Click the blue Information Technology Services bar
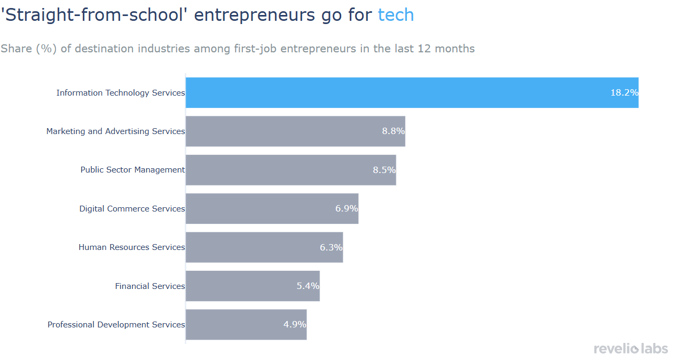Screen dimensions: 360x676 tap(395, 92)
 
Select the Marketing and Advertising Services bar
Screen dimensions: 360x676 tap(283, 131)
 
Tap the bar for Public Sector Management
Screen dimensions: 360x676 tap(278, 170)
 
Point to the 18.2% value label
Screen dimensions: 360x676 tap(624, 92)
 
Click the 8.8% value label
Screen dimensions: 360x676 tap(393, 131)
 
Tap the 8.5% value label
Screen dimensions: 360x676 tap(384, 170)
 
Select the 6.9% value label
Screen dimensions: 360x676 tap(347, 208)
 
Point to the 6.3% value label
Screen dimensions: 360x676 tap(331, 247)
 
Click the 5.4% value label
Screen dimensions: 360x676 tap(308, 286)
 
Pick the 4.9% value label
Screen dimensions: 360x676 tap(295, 324)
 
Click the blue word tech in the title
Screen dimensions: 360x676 tap(396, 15)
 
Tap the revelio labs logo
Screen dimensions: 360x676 tap(631, 349)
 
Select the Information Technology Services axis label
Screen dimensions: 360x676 tap(121, 93)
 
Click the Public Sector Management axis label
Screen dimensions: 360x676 tap(132, 170)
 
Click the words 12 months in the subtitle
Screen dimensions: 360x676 tap(447, 49)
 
